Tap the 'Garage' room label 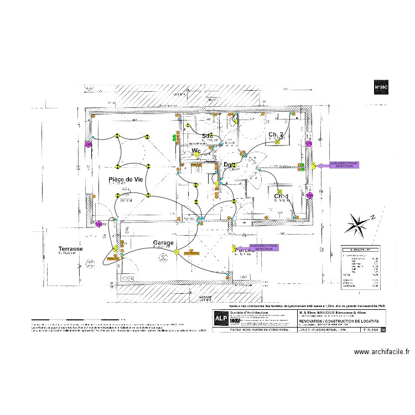(163, 242)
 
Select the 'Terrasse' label (70, 250)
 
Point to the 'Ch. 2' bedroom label (276, 134)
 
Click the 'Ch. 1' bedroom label (282, 196)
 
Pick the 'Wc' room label (196, 151)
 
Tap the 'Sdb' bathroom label (207, 136)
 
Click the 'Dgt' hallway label (229, 164)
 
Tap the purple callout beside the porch (264, 247)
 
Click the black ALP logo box (220, 319)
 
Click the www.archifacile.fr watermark (381, 351)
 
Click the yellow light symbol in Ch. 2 (277, 142)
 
